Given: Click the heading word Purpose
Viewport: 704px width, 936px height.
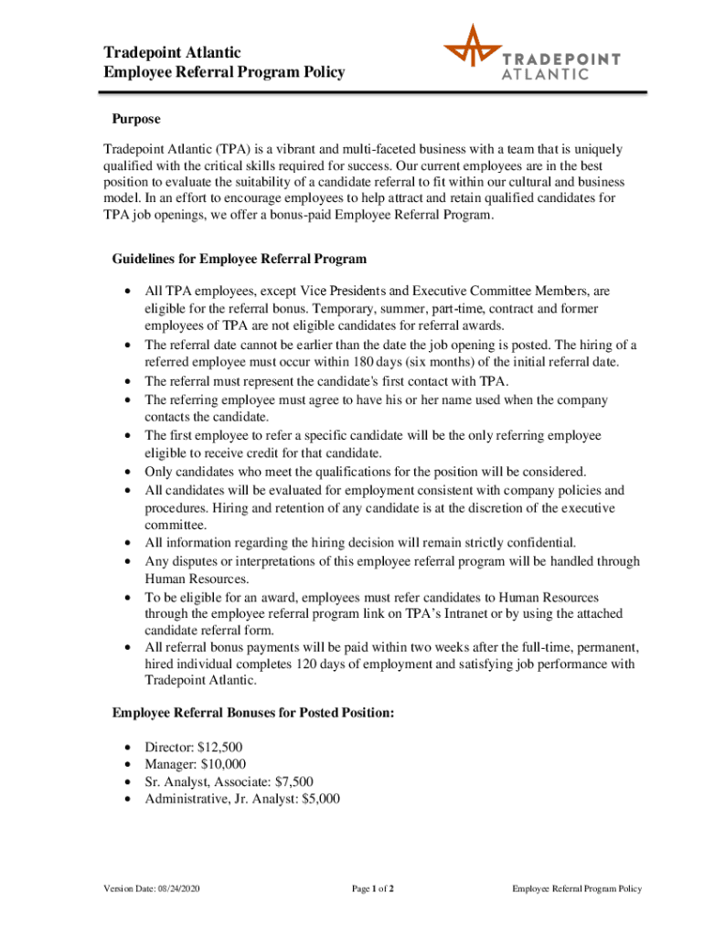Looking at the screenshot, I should pos(136,119).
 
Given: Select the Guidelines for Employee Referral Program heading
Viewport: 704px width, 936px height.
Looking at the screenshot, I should pos(239,258).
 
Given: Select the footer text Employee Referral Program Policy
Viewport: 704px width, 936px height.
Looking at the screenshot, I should pos(577,888).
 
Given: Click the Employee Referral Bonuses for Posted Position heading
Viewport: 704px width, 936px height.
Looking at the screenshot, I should pos(252,713).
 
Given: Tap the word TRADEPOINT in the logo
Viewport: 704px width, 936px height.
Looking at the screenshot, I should pos(561,58).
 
